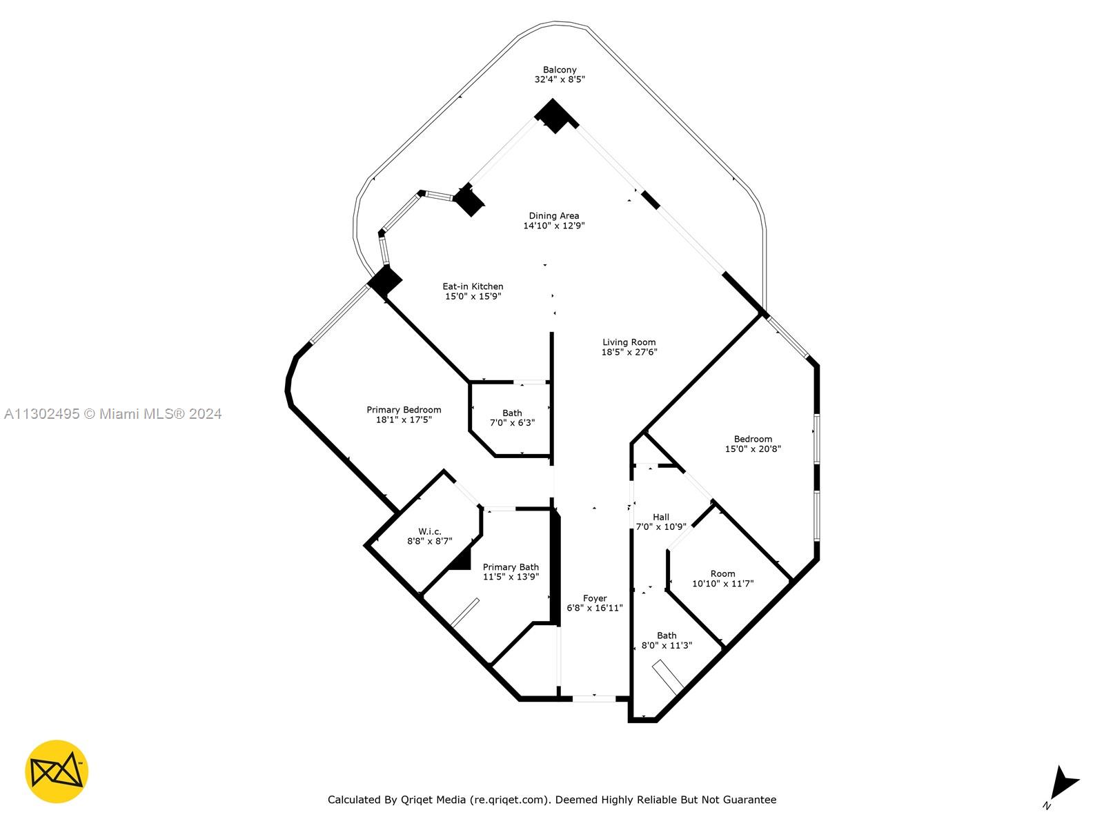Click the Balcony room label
point(559,70)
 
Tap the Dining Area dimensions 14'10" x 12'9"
point(553,226)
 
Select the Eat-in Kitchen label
point(473,286)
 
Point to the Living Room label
point(629,342)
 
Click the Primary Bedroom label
point(404,410)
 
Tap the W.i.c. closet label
point(429,531)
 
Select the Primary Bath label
point(511,567)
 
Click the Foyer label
point(594,599)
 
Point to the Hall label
point(660,517)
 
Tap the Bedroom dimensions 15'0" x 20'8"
point(753,449)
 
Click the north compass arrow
point(1063,784)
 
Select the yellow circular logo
point(57,771)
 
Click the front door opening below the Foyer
point(593,699)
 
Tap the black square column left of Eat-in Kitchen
point(384,281)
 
